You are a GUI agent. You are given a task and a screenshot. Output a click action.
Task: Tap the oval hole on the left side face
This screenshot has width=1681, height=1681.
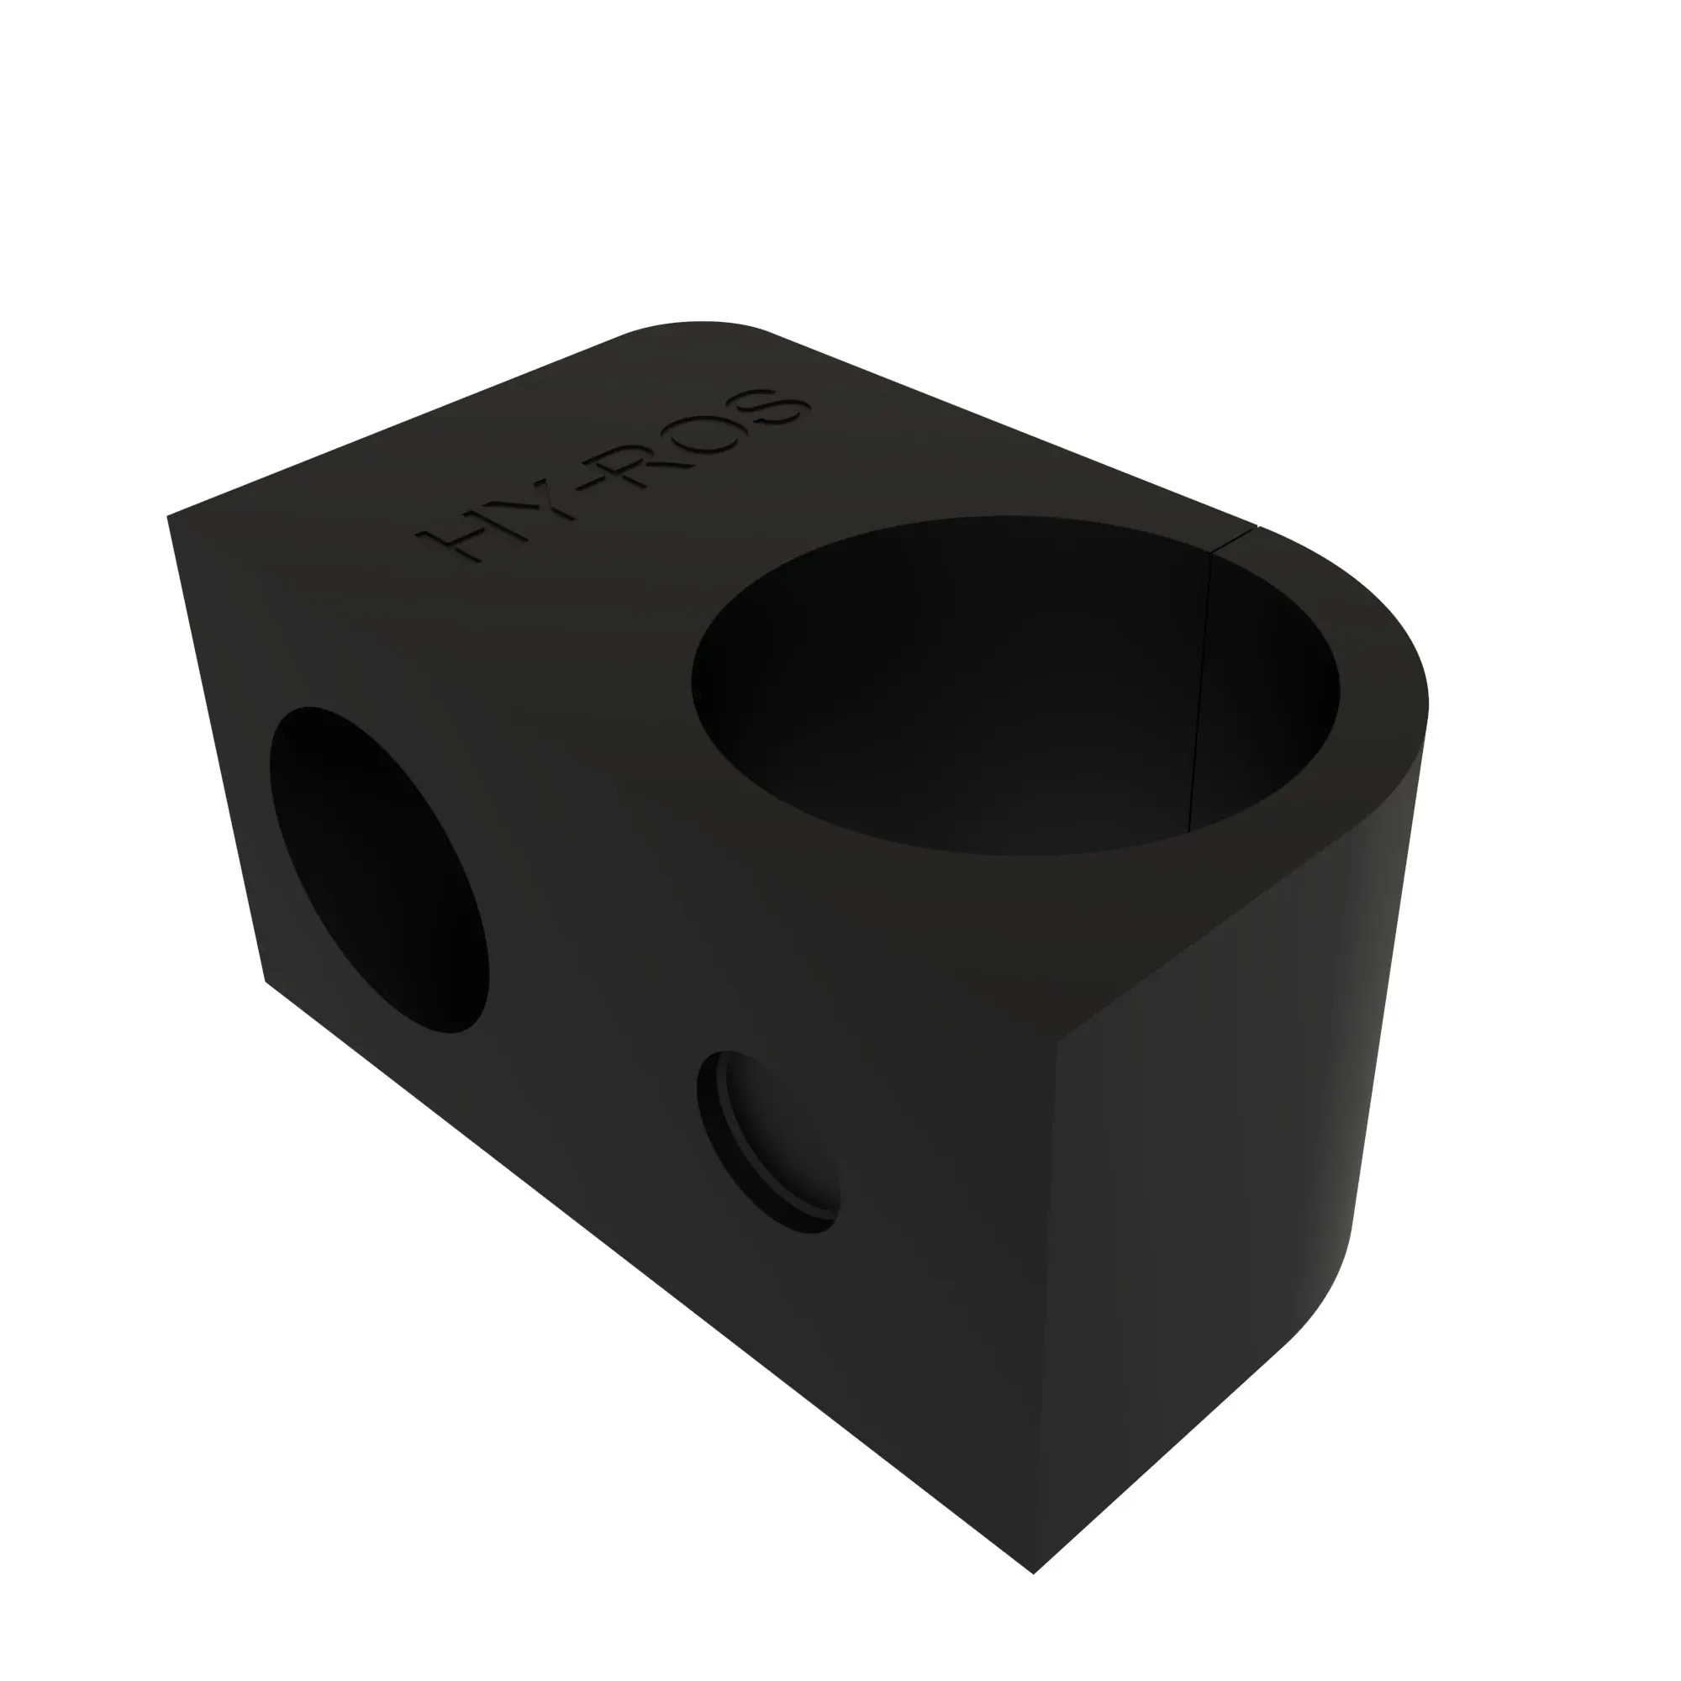[379, 870]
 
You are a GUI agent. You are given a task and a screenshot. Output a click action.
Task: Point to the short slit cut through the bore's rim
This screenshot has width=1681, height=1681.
[1236, 540]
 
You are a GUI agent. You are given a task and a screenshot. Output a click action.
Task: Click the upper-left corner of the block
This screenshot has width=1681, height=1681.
[169, 517]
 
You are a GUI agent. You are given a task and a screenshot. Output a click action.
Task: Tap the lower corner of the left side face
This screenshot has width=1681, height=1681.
[266, 982]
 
